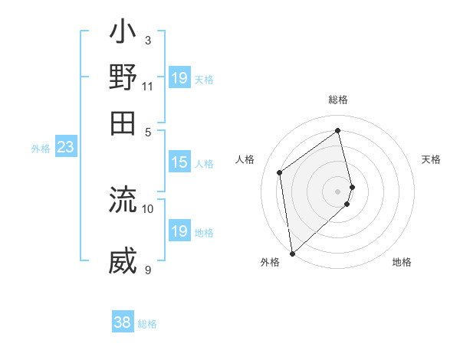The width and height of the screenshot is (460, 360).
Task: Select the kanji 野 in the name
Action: tap(123, 78)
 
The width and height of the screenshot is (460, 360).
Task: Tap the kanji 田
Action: tap(123, 123)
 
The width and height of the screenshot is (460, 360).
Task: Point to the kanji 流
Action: tap(123, 200)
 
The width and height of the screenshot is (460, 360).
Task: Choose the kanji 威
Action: tap(123, 261)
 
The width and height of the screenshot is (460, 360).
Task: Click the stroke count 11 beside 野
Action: tap(148, 86)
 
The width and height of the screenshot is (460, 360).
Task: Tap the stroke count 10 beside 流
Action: tap(148, 208)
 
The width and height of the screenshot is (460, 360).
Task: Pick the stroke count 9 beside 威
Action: tap(148, 269)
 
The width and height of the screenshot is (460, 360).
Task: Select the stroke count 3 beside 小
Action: tap(148, 40)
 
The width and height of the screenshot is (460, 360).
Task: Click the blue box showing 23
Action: tap(65, 147)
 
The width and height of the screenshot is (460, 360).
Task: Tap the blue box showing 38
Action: tap(123, 322)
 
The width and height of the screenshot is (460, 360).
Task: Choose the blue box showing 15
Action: tap(179, 162)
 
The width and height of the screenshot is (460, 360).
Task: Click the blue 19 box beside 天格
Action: tap(179, 78)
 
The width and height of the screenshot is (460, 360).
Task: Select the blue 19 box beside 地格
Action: tap(179, 231)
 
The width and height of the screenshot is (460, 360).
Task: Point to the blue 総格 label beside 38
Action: tap(147, 324)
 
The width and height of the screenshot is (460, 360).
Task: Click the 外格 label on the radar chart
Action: tap(270, 262)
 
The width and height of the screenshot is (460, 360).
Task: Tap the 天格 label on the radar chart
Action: tap(431, 159)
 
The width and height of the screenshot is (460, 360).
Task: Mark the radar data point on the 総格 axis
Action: tap(338, 130)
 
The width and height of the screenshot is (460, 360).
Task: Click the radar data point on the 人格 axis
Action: tap(280, 172)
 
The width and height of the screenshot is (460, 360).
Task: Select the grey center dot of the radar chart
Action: tap(338, 191)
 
